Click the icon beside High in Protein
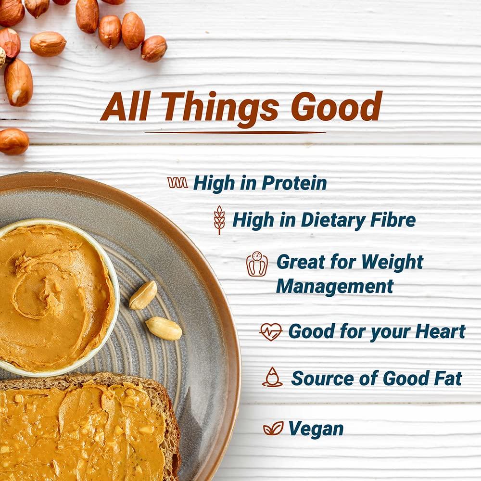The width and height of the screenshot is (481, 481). (x=177, y=183)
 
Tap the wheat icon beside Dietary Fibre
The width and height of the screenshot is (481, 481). (x=219, y=220)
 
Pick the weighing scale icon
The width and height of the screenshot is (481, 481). (x=257, y=264)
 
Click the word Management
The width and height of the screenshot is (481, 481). (x=335, y=286)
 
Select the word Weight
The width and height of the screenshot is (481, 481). (x=392, y=262)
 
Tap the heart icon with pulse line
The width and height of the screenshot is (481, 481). (x=270, y=332)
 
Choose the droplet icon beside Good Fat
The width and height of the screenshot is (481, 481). (x=272, y=377)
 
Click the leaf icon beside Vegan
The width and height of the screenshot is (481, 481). (x=273, y=428)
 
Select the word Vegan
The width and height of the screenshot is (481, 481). (x=316, y=429)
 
